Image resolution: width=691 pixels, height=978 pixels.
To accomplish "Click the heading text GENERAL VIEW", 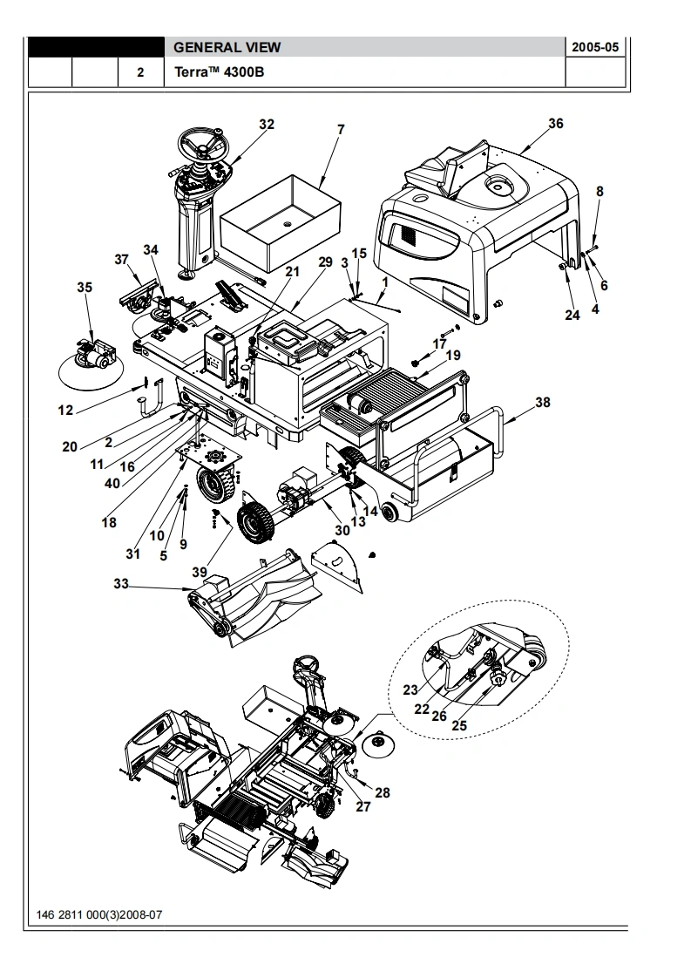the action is [x=227, y=47].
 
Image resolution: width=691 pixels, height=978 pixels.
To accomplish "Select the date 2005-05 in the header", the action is [x=595, y=47].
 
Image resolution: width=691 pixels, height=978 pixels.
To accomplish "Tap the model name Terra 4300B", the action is [x=219, y=71].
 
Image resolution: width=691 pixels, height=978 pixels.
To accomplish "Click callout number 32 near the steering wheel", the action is [x=267, y=124].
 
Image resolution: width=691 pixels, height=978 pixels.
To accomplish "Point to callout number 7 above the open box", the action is [x=341, y=130].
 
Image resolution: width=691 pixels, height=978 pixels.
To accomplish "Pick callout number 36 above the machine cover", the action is [x=556, y=124].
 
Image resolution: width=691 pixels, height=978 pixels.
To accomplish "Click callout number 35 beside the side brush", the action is [x=85, y=287].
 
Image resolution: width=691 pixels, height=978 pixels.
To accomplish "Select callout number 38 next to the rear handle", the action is [x=543, y=403].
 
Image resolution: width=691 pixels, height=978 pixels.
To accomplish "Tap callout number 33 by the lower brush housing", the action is [x=121, y=584].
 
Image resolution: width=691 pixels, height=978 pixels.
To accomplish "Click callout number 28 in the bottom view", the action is [x=383, y=792].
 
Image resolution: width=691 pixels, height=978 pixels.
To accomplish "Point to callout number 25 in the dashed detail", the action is [x=459, y=725].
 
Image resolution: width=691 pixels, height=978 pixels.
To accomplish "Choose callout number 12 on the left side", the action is [x=65, y=411].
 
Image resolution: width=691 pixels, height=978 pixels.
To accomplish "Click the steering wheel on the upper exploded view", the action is [x=203, y=146].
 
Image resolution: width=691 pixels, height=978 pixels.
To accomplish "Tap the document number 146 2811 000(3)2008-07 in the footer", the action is [x=99, y=915].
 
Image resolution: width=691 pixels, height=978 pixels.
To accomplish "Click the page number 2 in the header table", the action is [x=140, y=72].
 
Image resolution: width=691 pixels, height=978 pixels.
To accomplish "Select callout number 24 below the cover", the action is [x=572, y=315].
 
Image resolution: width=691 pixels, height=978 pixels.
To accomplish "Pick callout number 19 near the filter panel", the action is [x=453, y=355].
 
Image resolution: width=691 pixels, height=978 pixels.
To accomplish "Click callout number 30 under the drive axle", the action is [x=342, y=530].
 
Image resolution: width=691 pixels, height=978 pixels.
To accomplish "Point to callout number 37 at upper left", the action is [x=122, y=260].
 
